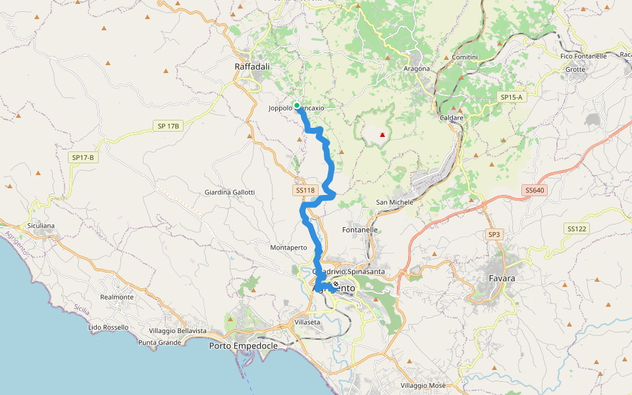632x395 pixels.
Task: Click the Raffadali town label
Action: [252, 66]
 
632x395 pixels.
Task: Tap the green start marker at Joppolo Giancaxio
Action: [297, 105]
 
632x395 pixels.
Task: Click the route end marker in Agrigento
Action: [336, 284]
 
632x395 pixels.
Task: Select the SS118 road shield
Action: [306, 190]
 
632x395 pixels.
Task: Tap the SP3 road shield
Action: [494, 234]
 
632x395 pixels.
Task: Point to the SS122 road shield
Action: [576, 228]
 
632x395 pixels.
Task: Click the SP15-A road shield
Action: [511, 97]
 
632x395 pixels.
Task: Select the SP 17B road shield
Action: [169, 126]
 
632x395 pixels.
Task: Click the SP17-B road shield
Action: [84, 158]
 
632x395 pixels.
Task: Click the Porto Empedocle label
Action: [243, 346]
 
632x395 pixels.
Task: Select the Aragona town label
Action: [416, 68]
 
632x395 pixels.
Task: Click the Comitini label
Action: [465, 58]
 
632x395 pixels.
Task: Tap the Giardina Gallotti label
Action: [230, 192]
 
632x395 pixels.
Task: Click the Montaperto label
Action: [288, 248]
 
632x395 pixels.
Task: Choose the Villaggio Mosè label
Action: [423, 385]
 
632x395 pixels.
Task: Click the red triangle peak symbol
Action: [382, 135]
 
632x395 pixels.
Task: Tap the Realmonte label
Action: [117, 297]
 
